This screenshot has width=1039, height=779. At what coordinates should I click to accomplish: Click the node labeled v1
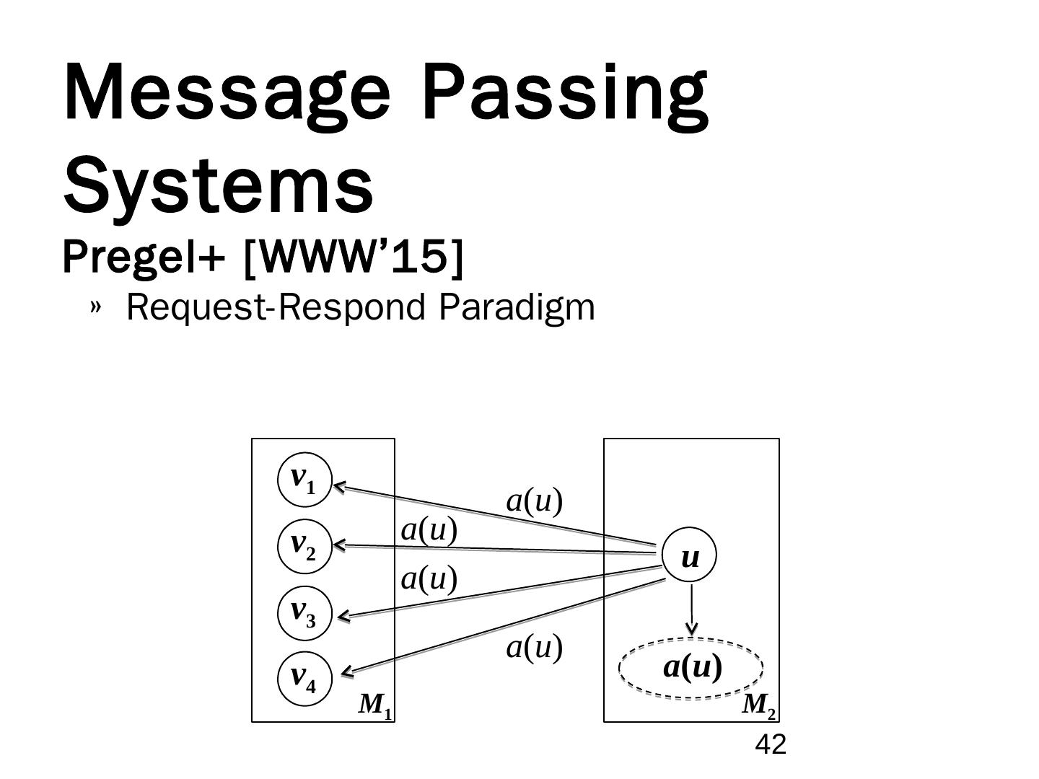(x=304, y=480)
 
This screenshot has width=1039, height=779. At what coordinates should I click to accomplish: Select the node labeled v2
(x=304, y=546)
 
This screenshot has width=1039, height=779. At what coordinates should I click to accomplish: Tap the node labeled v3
(x=304, y=613)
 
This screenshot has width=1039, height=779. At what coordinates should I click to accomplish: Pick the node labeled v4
(x=304, y=679)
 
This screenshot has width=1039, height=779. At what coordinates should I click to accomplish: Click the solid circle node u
(x=691, y=557)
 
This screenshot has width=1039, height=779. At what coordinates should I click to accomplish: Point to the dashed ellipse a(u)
(x=691, y=668)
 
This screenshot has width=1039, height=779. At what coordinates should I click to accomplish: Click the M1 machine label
(x=375, y=705)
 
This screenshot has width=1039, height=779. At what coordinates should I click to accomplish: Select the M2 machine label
(x=759, y=705)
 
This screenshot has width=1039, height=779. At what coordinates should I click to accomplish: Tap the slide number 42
(x=770, y=744)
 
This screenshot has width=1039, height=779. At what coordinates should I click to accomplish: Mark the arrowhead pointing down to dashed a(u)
(x=692, y=630)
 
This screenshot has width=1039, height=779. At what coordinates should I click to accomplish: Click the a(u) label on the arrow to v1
(x=534, y=501)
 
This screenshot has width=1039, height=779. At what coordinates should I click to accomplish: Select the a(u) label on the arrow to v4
(x=534, y=647)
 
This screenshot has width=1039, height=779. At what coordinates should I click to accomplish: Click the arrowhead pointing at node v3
(x=343, y=617)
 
